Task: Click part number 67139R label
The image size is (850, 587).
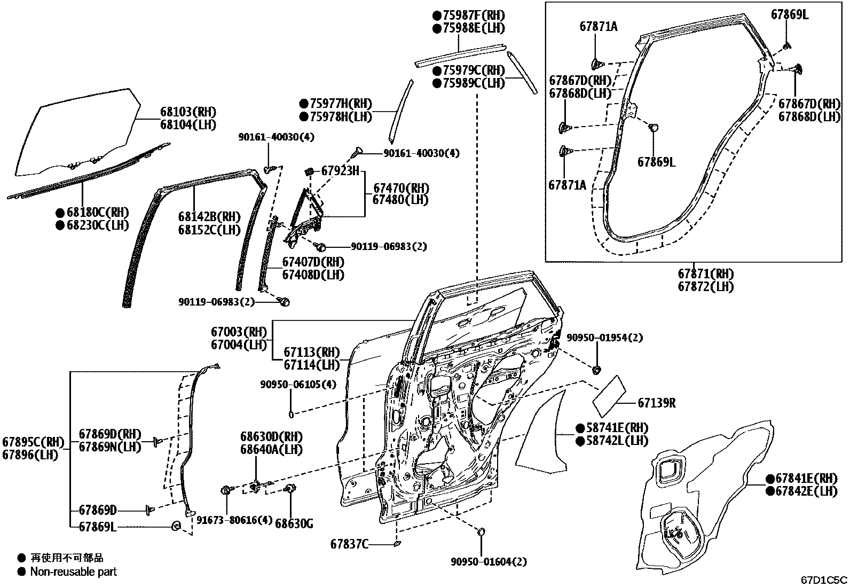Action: [x=656, y=403]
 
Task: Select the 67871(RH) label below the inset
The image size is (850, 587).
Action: [x=705, y=273]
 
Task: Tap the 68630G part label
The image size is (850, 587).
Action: [x=294, y=523]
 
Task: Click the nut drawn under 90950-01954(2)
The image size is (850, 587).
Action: [x=597, y=369]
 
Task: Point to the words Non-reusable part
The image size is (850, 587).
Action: [x=73, y=572]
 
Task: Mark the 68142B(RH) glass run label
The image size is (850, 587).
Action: [x=209, y=217]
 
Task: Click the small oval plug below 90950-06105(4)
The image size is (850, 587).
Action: [x=292, y=413]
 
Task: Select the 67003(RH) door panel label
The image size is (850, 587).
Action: [x=238, y=332]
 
